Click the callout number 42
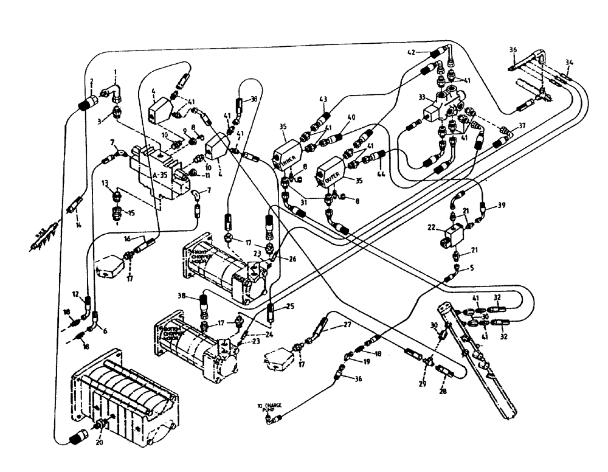(x=413, y=53)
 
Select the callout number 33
(x=423, y=95)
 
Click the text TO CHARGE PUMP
(x=268, y=408)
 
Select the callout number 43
(x=323, y=99)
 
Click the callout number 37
(x=521, y=127)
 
